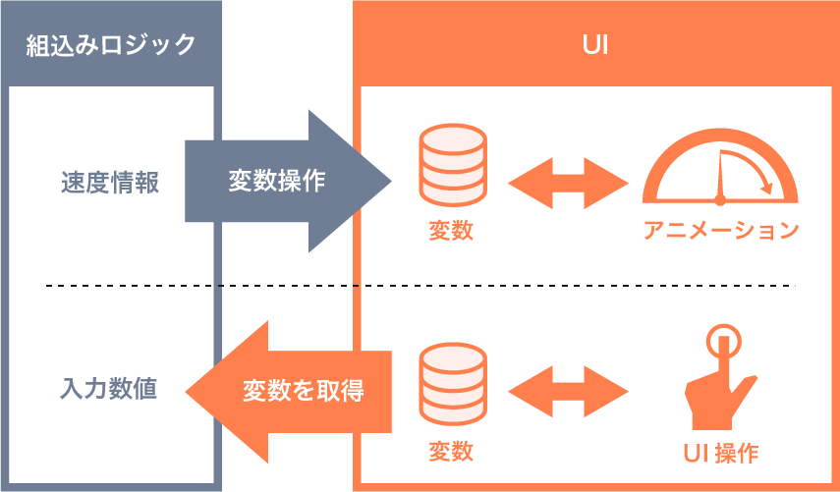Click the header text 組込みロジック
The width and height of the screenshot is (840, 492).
(111, 45)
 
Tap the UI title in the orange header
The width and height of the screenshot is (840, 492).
(595, 45)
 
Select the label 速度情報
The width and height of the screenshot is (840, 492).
(110, 183)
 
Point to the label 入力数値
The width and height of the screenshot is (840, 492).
(109, 388)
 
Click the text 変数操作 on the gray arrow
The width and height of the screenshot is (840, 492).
(277, 181)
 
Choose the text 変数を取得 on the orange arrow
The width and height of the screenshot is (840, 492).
(304, 391)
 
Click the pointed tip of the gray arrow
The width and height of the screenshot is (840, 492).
(391, 181)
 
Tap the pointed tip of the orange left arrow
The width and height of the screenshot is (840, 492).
(187, 392)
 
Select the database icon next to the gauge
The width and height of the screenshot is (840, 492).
(453, 165)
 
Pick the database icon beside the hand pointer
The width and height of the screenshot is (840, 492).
(453, 384)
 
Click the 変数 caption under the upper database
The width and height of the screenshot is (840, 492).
(451, 231)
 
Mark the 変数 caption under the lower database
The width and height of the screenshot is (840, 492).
(451, 452)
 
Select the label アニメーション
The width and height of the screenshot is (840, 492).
(721, 231)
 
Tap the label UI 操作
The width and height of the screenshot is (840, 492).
(721, 453)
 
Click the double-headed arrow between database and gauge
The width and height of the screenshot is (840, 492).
(568, 183)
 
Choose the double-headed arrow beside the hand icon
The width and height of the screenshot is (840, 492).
(568, 392)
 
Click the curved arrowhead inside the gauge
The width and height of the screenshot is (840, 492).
(766, 188)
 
